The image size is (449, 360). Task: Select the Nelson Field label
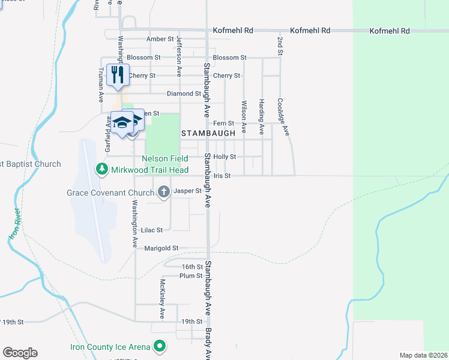click(165, 158)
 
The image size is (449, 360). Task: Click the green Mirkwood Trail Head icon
click(101, 170)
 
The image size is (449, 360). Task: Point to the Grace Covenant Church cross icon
click(163, 192)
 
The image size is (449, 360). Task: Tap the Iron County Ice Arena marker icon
click(159, 346)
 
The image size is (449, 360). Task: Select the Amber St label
click(160, 39)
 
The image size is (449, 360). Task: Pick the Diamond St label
click(184, 94)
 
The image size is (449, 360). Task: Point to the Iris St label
click(223, 176)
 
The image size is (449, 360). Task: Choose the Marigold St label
click(159, 248)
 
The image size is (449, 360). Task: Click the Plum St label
click(191, 276)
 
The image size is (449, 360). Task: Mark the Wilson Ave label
click(244, 116)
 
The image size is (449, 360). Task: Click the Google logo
click(20, 353)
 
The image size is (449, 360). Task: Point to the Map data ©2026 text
click(423, 355)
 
